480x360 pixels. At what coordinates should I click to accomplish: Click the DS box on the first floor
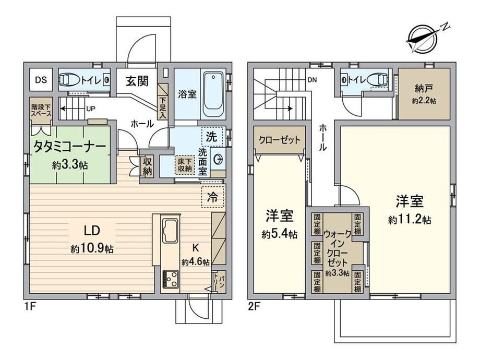click(41, 80)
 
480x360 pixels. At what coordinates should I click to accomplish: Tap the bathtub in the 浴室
click(214, 94)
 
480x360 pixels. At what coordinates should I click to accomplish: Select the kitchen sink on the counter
click(170, 231)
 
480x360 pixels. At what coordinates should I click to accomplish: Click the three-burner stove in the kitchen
click(170, 279)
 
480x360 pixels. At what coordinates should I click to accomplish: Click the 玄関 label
click(137, 81)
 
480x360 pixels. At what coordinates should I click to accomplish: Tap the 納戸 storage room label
click(424, 89)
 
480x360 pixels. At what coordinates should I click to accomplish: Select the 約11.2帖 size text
click(410, 220)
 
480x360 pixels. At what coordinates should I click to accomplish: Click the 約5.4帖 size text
click(280, 234)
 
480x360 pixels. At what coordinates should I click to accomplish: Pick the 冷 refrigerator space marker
click(212, 197)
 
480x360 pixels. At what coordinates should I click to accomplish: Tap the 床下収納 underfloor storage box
click(185, 164)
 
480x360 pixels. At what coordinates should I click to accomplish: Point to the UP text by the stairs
click(91, 109)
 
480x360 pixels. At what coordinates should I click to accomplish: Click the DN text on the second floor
click(312, 80)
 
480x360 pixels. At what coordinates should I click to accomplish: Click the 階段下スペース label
click(41, 110)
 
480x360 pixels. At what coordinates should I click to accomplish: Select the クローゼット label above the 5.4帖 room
click(280, 140)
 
